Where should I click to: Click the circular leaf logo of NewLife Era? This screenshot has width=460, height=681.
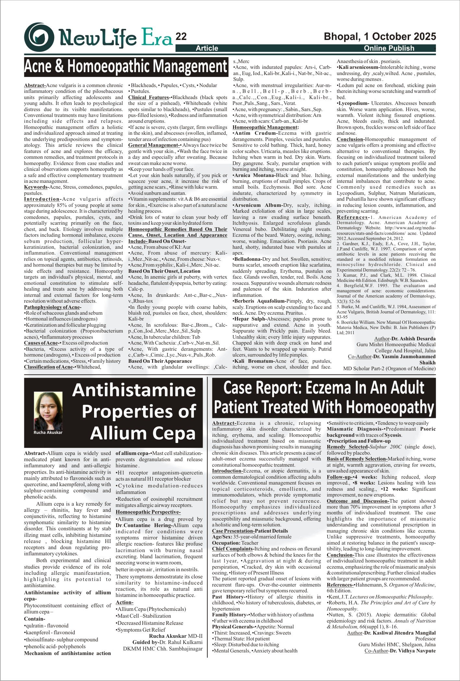[x=39, y=37]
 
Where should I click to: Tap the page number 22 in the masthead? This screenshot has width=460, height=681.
[x=181, y=37]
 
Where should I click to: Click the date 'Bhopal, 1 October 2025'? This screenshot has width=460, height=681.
[x=380, y=36]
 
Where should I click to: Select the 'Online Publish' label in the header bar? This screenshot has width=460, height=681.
[x=389, y=48]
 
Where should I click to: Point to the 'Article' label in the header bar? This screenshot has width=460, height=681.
[x=207, y=48]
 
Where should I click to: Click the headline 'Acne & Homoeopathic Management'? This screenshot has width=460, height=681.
[x=126, y=67]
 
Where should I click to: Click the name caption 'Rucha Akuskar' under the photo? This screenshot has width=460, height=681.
[x=48, y=432]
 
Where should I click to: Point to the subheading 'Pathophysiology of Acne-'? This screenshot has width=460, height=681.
[x=53, y=307]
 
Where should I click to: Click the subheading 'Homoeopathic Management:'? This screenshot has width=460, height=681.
[x=265, y=127]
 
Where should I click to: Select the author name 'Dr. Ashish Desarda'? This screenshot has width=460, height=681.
[x=413, y=339]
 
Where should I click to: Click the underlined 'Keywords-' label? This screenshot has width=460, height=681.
[x=36, y=187]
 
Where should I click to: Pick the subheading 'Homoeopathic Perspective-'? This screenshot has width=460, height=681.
[x=148, y=512]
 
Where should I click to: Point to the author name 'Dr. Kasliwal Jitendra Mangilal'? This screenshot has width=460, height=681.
[x=400, y=633]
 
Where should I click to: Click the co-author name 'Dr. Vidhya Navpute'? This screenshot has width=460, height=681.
[x=413, y=650]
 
